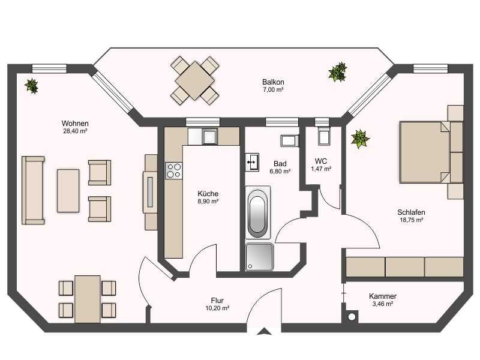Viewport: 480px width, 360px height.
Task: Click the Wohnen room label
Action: point(75,124)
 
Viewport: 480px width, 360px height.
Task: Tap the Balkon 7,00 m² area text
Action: point(273,89)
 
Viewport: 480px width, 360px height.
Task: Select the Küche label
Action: point(208,193)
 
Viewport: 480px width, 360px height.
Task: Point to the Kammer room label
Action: point(383,296)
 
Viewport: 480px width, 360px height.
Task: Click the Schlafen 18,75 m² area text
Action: point(411,220)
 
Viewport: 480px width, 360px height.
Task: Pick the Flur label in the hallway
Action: point(217,301)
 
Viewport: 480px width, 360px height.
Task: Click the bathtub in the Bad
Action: point(257,212)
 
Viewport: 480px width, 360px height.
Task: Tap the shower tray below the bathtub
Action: point(259,257)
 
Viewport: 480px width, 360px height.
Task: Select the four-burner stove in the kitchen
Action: point(174,170)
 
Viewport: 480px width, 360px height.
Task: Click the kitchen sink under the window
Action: point(209,136)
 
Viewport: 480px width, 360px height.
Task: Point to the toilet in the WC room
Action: point(323,136)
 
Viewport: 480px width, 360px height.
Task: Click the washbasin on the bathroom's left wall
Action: point(252,162)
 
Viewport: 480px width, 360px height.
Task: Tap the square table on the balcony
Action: point(194,81)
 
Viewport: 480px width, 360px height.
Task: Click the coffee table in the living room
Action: point(68,191)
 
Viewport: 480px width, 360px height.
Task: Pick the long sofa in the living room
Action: point(33,190)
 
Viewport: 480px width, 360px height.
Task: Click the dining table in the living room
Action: point(88,299)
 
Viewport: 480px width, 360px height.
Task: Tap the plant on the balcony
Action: point(337,72)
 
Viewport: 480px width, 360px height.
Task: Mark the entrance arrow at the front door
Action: point(264,331)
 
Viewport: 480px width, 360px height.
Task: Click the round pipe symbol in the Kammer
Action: point(352,317)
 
